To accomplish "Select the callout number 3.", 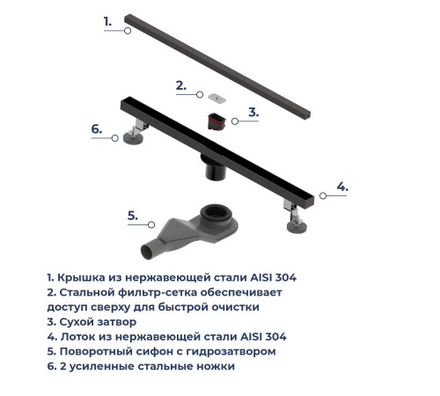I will (x=253, y=112).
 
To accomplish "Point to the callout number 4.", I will (x=342, y=187).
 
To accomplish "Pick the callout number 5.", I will (x=132, y=215).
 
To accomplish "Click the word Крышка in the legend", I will (x=82, y=277).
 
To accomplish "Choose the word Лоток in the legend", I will (x=78, y=337).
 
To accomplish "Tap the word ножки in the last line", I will (x=215, y=367).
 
